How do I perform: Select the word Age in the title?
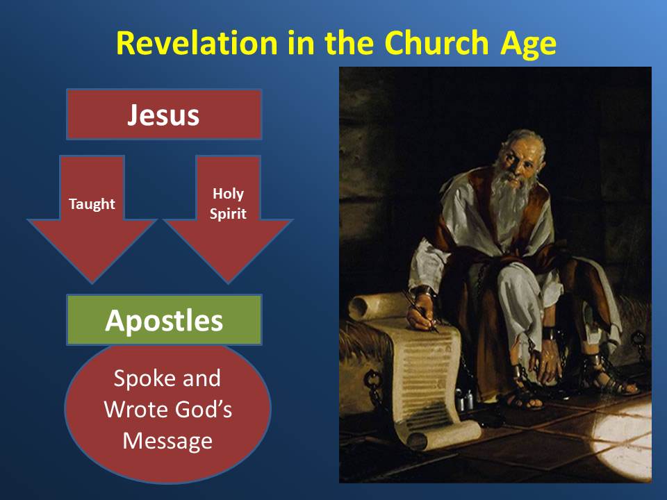[x=525, y=42]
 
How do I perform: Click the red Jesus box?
[x=164, y=115]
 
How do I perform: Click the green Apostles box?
[x=164, y=320]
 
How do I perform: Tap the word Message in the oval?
[x=167, y=440]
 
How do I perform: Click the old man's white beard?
[x=505, y=201]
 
